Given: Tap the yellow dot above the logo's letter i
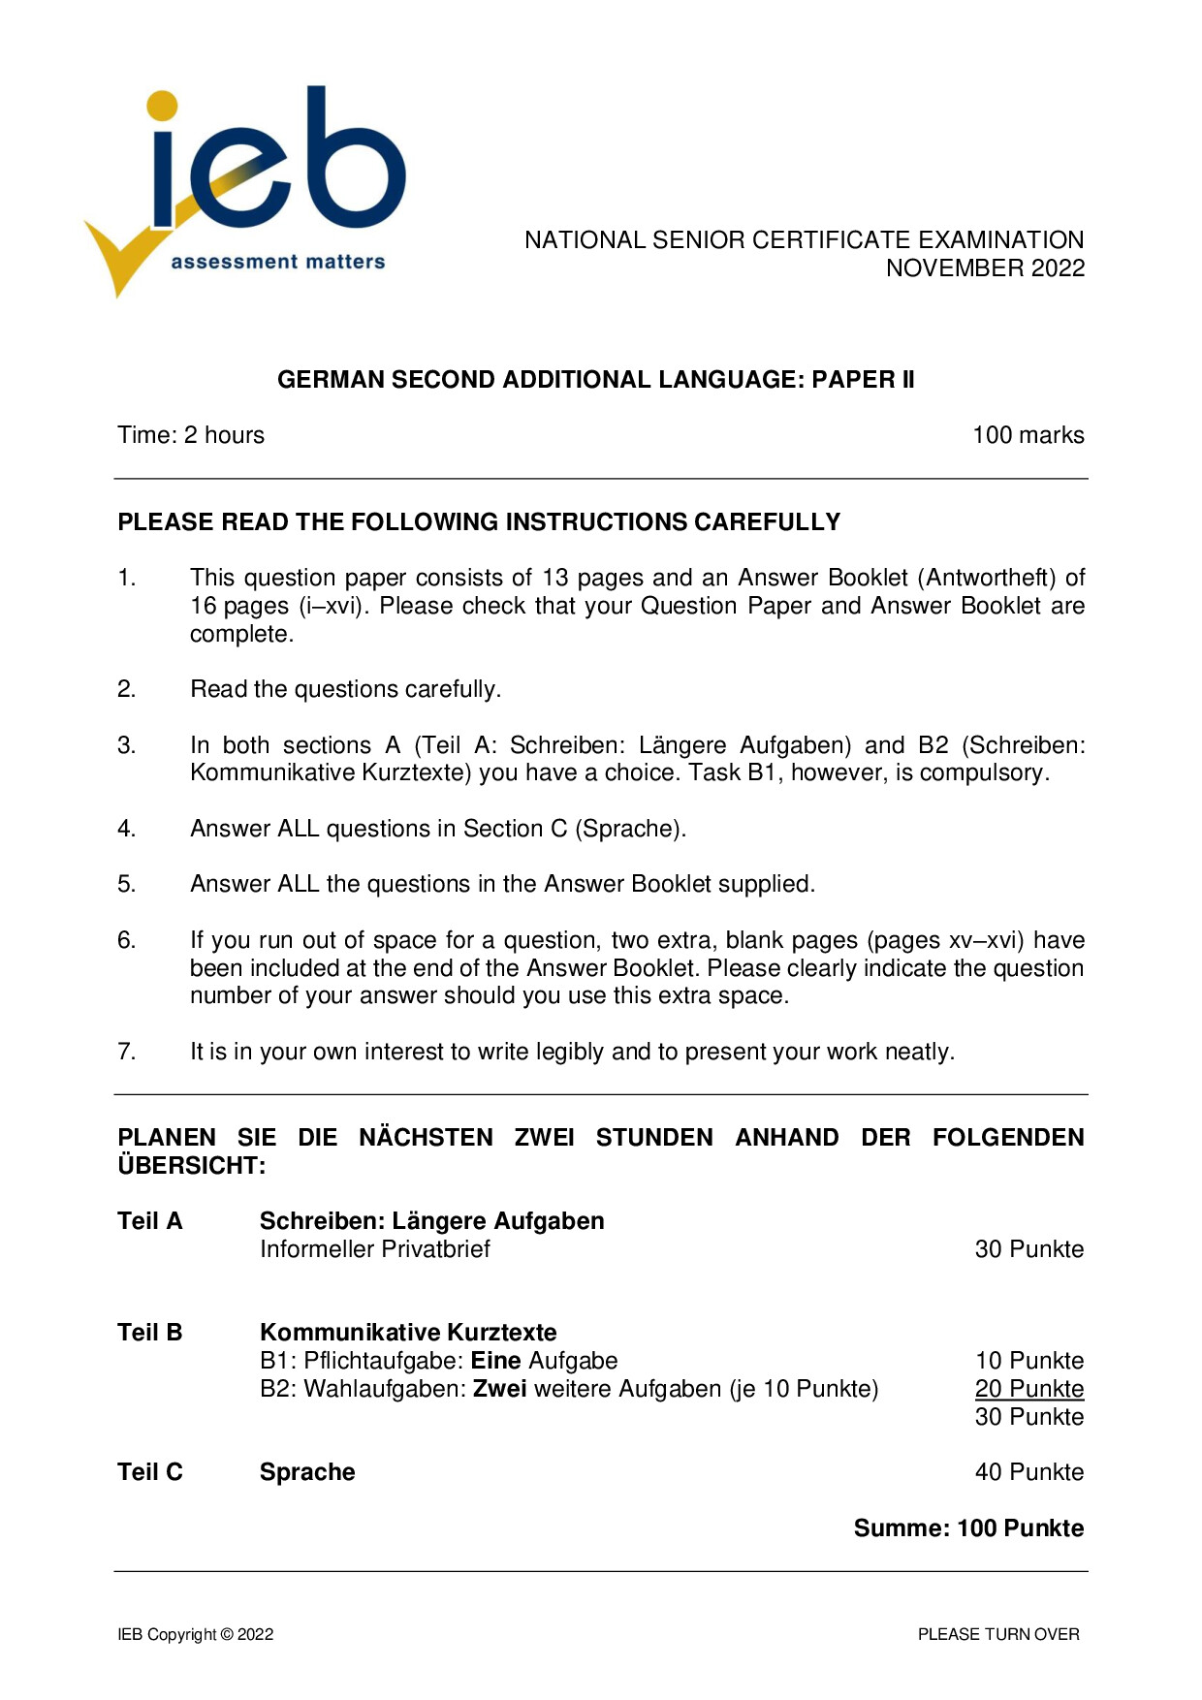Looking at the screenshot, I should click(x=163, y=106).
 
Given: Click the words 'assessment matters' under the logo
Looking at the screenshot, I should click(x=277, y=262).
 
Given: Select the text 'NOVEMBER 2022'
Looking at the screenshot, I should click(x=985, y=268).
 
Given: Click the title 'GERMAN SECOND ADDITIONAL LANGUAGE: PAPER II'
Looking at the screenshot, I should click(x=595, y=380).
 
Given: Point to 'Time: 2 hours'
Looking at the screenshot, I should click(x=191, y=435).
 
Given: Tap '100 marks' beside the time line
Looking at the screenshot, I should click(x=1028, y=435).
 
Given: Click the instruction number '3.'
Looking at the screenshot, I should click(x=127, y=745).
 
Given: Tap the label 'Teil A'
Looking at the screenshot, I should click(x=150, y=1221).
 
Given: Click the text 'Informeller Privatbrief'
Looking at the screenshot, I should click(x=375, y=1249).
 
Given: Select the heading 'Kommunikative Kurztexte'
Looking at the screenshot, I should click(x=408, y=1333).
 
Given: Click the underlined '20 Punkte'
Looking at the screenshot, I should click(x=1028, y=1389).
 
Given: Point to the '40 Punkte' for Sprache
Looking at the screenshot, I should click(x=1028, y=1472).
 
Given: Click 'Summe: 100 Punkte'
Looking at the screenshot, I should click(x=968, y=1528).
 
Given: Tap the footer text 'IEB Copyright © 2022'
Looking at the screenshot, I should click(x=196, y=1634).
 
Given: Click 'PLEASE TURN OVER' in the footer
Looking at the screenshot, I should click(x=998, y=1634).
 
